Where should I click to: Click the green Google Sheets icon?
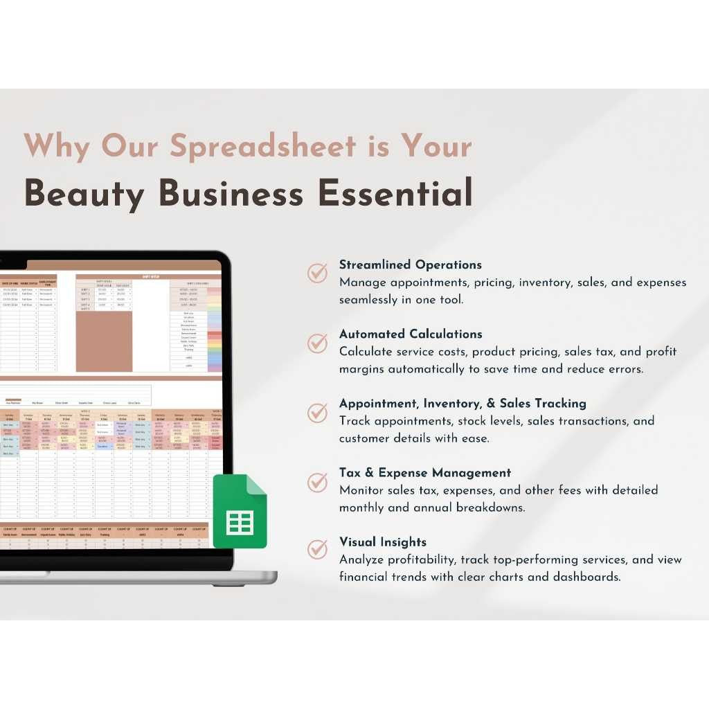tap(240, 512)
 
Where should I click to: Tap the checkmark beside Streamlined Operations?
tap(318, 273)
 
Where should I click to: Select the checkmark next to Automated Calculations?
tap(318, 342)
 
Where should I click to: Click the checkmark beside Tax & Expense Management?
tap(318, 481)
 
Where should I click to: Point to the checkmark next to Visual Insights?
tap(318, 550)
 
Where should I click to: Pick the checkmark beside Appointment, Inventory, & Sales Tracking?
tap(318, 412)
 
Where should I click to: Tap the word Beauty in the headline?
tap(82, 194)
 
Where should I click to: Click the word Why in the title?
tap(55, 147)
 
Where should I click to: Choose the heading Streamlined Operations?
tap(410, 264)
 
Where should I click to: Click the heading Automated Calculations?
tap(411, 334)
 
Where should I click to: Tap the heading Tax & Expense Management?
tap(424, 473)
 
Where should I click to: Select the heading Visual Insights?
tap(382, 542)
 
